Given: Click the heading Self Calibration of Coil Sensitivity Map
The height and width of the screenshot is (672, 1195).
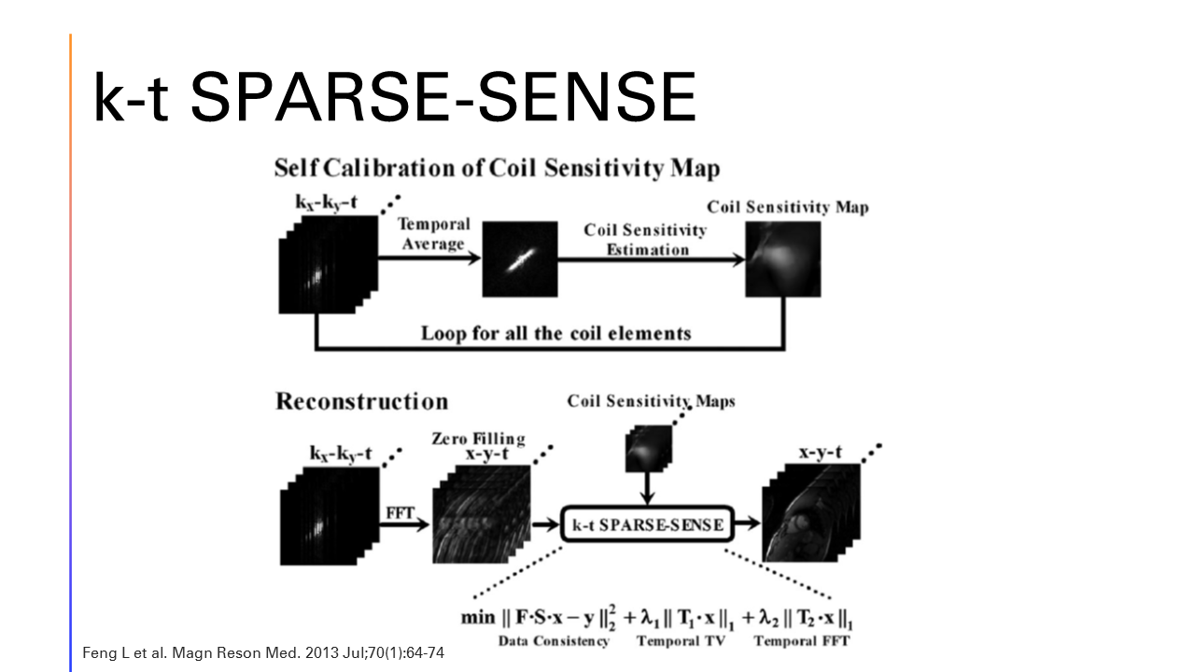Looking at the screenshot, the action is tap(497, 169).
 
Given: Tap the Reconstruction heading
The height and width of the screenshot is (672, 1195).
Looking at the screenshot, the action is tap(361, 401).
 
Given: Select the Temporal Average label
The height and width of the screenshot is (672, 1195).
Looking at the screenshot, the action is tap(433, 234).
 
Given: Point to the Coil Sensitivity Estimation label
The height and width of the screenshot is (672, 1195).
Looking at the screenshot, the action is tap(645, 239).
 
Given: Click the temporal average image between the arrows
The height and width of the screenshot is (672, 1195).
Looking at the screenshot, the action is tap(519, 259).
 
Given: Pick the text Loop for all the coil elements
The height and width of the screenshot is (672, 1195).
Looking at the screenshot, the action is tap(555, 332).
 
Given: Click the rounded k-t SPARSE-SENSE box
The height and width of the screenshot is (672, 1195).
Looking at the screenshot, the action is tap(648, 525).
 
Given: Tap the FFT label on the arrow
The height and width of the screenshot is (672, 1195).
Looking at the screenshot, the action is tap(400, 512).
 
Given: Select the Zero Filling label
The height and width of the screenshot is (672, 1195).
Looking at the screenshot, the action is tap(477, 438).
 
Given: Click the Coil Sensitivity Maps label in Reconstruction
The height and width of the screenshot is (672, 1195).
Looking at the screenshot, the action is tap(651, 401).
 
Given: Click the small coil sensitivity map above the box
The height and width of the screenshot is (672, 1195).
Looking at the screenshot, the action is tap(647, 448).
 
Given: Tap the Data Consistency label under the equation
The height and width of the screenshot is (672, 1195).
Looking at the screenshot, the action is tap(553, 641).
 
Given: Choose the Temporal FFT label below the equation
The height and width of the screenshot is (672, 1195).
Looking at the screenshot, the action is tap(801, 641).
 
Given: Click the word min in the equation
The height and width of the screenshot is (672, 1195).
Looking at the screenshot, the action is tap(478, 618).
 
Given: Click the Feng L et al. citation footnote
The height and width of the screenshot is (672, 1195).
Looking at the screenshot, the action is tap(264, 651).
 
